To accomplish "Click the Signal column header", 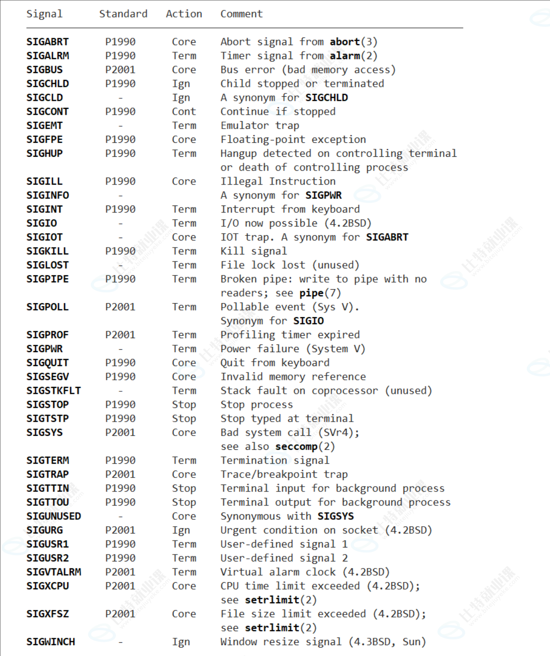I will [44, 14].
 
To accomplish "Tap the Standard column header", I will [123, 14].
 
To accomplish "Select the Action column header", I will [184, 14].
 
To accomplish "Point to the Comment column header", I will [241, 14].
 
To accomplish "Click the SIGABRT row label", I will [47, 42].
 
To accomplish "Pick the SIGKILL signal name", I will [47, 251].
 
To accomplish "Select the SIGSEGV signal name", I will [47, 377].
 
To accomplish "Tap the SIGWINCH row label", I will [50, 642].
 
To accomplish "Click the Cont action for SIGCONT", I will [184, 111].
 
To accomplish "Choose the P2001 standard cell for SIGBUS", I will [120, 70].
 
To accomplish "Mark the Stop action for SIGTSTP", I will [184, 418].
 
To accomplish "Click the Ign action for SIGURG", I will [181, 530].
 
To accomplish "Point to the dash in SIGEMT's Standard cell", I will [120, 126].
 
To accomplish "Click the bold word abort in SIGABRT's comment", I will [345, 42].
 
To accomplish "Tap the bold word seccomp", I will [296, 446].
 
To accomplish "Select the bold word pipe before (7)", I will [311, 293].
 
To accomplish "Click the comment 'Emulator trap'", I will [260, 125].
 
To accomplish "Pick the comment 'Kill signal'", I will [254, 251].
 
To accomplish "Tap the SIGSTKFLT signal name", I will [54, 390].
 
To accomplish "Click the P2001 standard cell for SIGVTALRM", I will [120, 572].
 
